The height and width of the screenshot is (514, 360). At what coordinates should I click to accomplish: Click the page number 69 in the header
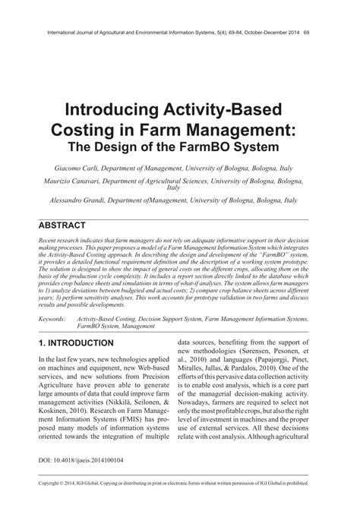(305, 33)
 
